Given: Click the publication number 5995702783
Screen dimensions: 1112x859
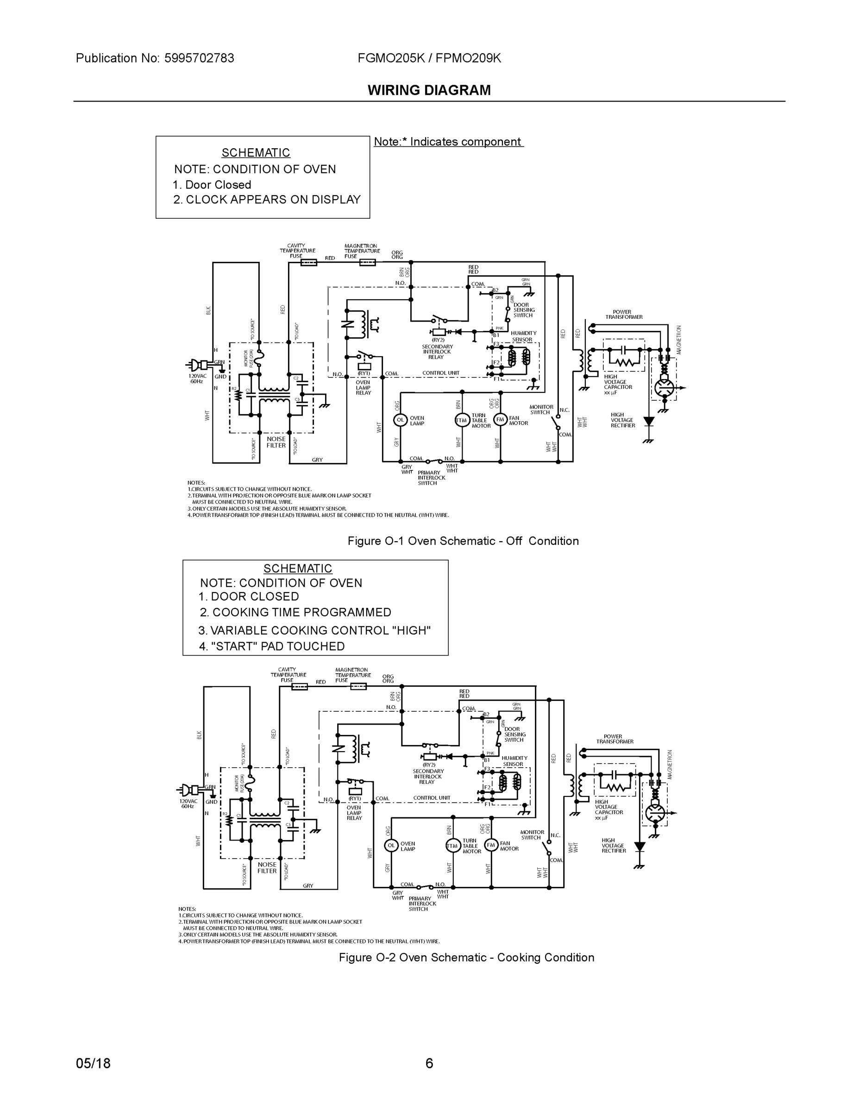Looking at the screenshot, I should (199, 58).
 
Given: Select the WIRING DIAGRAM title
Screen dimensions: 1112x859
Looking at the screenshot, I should (429, 90).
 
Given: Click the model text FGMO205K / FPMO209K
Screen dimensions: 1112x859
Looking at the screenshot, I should (429, 58).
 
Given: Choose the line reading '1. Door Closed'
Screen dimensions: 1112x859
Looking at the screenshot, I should (212, 185).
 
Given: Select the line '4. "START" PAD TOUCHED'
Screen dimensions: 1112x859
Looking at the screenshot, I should (272, 646).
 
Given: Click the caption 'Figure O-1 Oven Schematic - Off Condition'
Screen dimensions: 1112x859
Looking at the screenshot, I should (463, 541).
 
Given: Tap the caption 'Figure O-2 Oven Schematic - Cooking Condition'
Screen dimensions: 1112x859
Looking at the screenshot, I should (466, 957).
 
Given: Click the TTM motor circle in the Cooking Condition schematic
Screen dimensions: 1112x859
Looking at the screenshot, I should (452, 846).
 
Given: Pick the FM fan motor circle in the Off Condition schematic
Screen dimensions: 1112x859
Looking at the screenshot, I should (500, 419).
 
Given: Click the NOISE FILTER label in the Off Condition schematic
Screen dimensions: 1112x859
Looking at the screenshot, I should (276, 442).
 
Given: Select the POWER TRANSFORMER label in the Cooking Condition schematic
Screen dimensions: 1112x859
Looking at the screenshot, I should (615, 739).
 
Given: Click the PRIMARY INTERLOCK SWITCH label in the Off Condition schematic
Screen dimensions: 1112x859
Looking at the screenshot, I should (431, 478).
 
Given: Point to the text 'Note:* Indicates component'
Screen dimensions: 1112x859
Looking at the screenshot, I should (448, 141).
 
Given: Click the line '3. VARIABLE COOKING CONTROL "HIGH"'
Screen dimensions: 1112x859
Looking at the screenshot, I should (314, 630).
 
